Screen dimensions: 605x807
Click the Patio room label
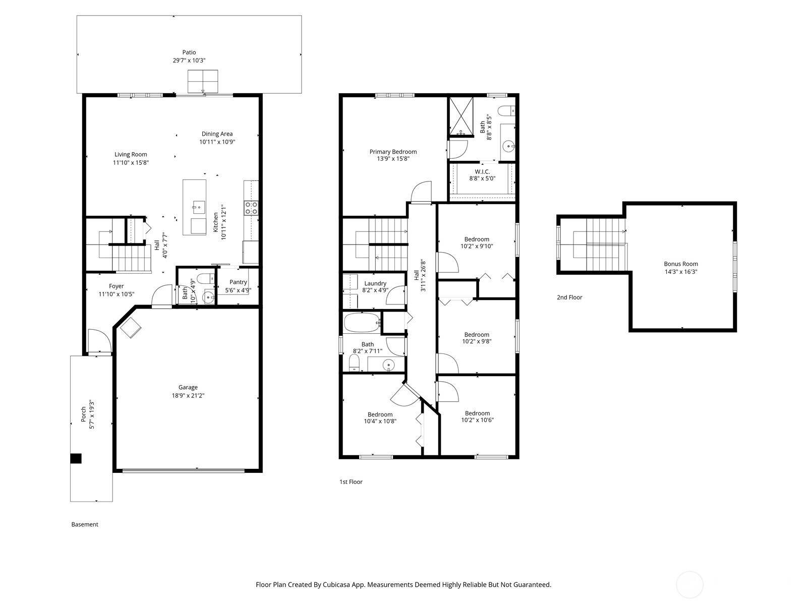pyautogui.click(x=189, y=52)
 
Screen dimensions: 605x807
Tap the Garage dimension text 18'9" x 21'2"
pyautogui.click(x=188, y=396)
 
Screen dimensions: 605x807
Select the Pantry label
pyautogui.click(x=238, y=282)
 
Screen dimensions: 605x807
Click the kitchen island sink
pyautogui.click(x=198, y=206)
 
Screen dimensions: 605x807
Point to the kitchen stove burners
pyautogui.click(x=251, y=208)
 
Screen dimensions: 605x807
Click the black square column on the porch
pyautogui.click(x=76, y=458)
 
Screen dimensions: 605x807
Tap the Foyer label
pyautogui.click(x=116, y=286)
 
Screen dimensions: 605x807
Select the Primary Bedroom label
pyautogui.click(x=393, y=152)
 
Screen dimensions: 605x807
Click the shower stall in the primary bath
pyautogui.click(x=461, y=116)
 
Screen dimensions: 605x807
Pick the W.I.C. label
pyautogui.click(x=482, y=171)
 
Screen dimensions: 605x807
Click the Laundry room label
pyautogui.click(x=375, y=283)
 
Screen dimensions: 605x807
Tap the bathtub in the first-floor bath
pyautogui.click(x=362, y=322)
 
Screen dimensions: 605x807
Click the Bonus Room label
pyautogui.click(x=681, y=264)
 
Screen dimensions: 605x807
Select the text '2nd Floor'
pyautogui.click(x=569, y=297)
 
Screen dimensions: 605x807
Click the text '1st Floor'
pyautogui.click(x=351, y=482)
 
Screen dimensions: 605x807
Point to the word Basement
pyautogui.click(x=85, y=524)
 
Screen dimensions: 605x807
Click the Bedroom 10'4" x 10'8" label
pyautogui.click(x=380, y=414)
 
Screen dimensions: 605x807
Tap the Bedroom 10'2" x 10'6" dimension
pyautogui.click(x=477, y=420)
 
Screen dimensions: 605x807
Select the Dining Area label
pyautogui.click(x=217, y=134)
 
